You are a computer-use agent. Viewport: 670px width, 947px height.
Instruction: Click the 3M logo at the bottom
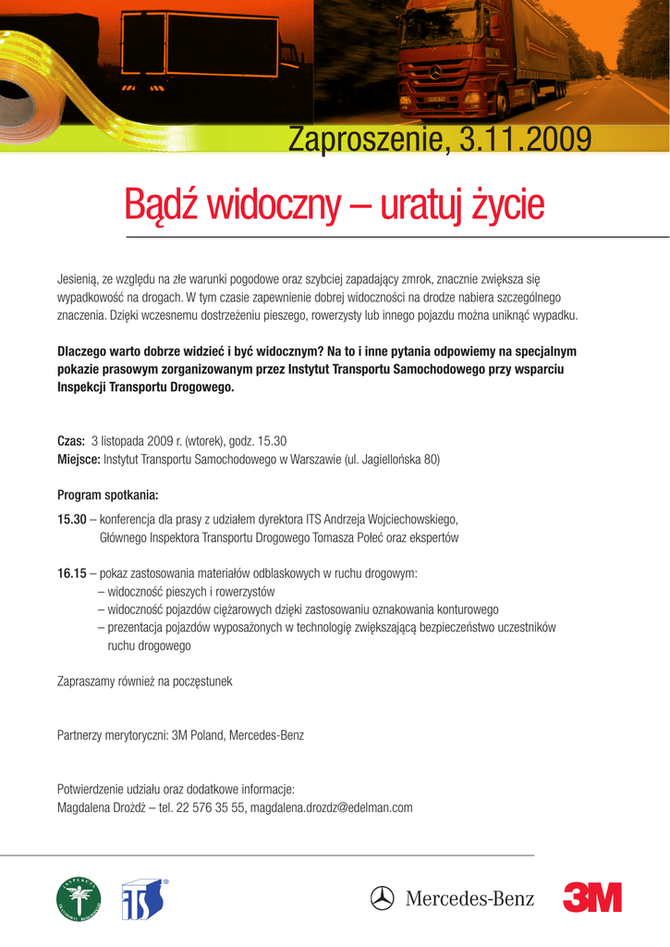pos(591,897)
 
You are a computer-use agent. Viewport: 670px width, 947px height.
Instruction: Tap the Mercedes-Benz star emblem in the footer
pos(383,898)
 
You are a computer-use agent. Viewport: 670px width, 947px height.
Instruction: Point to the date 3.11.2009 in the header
pos(525,140)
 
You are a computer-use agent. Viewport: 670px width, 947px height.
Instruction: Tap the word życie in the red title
pos(506,205)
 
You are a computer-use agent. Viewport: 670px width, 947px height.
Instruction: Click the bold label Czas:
pos(71,440)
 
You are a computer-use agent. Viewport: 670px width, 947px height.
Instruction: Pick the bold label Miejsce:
pos(79,459)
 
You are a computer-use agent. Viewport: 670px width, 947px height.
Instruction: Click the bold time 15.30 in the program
pos(71,519)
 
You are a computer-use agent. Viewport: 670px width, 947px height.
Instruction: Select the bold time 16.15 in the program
pos(71,574)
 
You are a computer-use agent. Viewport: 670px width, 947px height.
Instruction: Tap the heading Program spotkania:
pos(108,494)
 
